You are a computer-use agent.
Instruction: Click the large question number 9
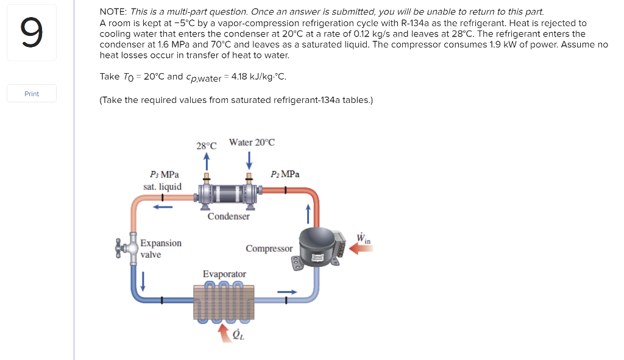click(x=32, y=33)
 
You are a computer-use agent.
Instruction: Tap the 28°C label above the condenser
click(x=207, y=146)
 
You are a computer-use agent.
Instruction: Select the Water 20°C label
click(x=252, y=142)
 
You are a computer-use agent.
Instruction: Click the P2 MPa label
click(x=285, y=174)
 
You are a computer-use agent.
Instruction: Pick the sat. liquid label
click(x=162, y=186)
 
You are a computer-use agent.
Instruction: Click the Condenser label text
click(x=229, y=216)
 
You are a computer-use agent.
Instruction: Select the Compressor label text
click(x=269, y=249)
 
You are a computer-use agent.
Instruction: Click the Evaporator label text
click(x=224, y=274)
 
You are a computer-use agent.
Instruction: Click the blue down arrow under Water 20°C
click(x=249, y=161)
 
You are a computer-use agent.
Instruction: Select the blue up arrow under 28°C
click(x=207, y=161)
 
